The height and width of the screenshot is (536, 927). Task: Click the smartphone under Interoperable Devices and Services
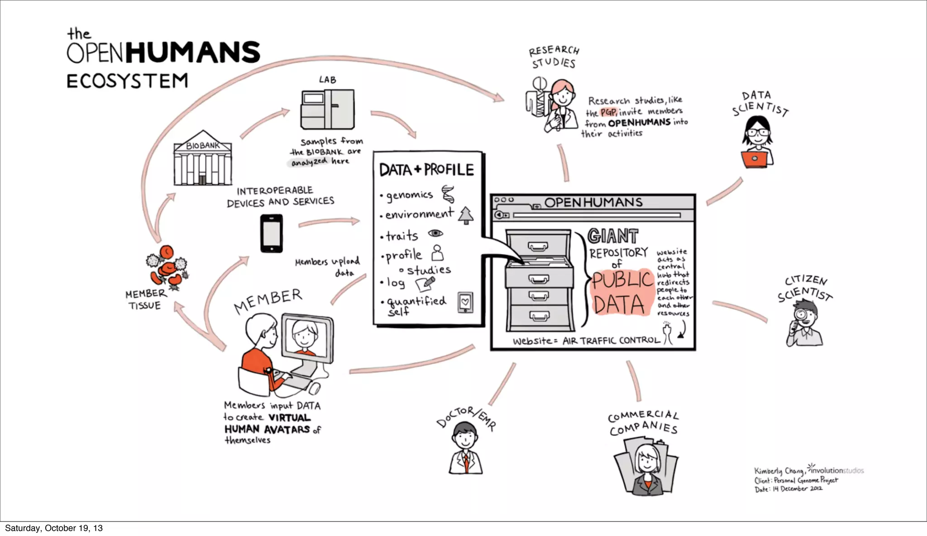point(272,234)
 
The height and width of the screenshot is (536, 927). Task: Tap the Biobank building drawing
point(203,159)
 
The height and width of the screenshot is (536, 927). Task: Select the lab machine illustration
point(327,109)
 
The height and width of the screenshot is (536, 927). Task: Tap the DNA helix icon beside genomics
point(448,194)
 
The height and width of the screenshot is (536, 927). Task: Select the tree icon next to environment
point(466,215)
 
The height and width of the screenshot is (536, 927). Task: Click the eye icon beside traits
point(435,233)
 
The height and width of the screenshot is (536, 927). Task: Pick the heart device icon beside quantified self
point(465,302)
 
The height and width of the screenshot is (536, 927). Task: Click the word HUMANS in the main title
point(193,53)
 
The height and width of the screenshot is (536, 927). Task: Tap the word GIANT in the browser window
point(613,236)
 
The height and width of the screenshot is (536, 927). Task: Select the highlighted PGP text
point(608,112)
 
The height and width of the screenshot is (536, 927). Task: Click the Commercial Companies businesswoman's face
point(647,460)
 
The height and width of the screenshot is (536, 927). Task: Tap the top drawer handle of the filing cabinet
point(538,246)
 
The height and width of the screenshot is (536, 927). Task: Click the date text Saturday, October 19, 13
point(54,528)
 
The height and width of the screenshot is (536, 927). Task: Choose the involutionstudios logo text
point(837,470)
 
